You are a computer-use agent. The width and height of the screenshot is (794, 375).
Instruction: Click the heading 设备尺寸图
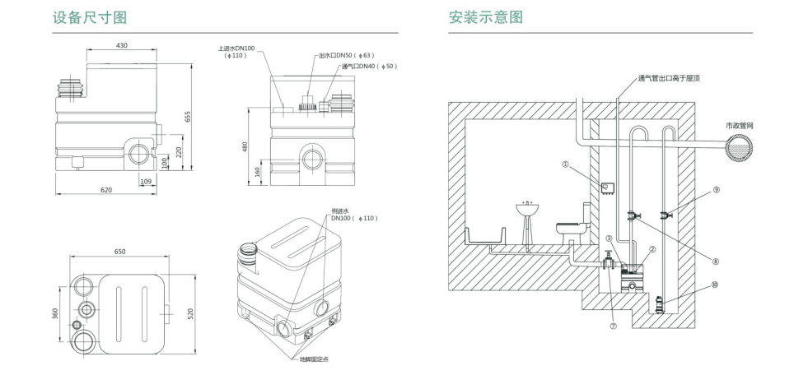click(91, 16)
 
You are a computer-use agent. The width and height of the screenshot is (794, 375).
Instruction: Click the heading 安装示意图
click(486, 16)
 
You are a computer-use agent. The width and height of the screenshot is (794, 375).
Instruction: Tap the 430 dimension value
click(121, 46)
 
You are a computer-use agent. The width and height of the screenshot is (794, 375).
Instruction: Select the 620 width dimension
click(105, 190)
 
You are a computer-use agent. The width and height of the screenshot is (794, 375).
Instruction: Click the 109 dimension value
click(147, 180)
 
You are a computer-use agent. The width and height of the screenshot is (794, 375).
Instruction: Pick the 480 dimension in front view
click(245, 146)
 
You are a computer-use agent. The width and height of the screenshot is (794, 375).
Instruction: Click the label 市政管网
click(739, 125)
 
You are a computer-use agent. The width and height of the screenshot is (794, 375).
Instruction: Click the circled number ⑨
click(716, 189)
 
